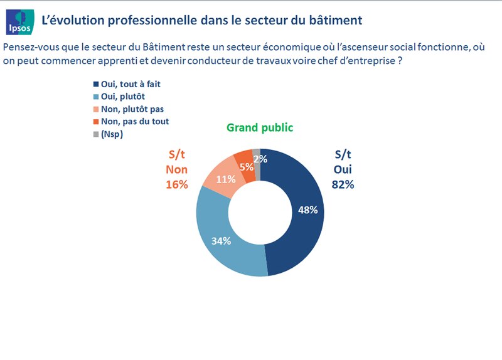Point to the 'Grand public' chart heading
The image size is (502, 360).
pos(260,128)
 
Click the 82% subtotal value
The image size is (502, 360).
pos(343,184)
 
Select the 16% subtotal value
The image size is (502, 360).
pos(177,184)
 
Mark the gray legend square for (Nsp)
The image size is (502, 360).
pos(95,134)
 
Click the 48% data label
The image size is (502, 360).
pos(307,210)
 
